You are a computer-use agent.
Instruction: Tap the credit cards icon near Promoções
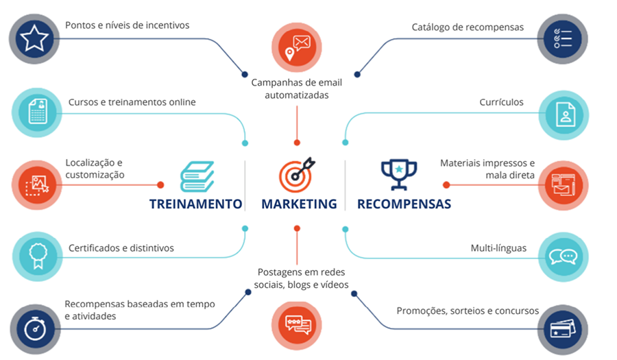(x=564, y=329)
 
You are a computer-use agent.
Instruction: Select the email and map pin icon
(x=296, y=45)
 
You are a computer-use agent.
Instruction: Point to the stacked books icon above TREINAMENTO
(x=197, y=176)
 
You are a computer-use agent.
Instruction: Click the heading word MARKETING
(x=299, y=204)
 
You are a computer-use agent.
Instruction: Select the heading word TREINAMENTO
(x=196, y=204)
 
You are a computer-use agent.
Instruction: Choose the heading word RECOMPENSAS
(x=404, y=204)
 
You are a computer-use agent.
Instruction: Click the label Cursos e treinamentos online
(x=132, y=102)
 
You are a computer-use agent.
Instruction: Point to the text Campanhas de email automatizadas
(x=296, y=88)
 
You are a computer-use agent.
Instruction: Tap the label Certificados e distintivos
(x=121, y=248)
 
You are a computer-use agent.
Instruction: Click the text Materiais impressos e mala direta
(x=487, y=169)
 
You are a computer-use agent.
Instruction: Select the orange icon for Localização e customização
(x=36, y=184)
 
